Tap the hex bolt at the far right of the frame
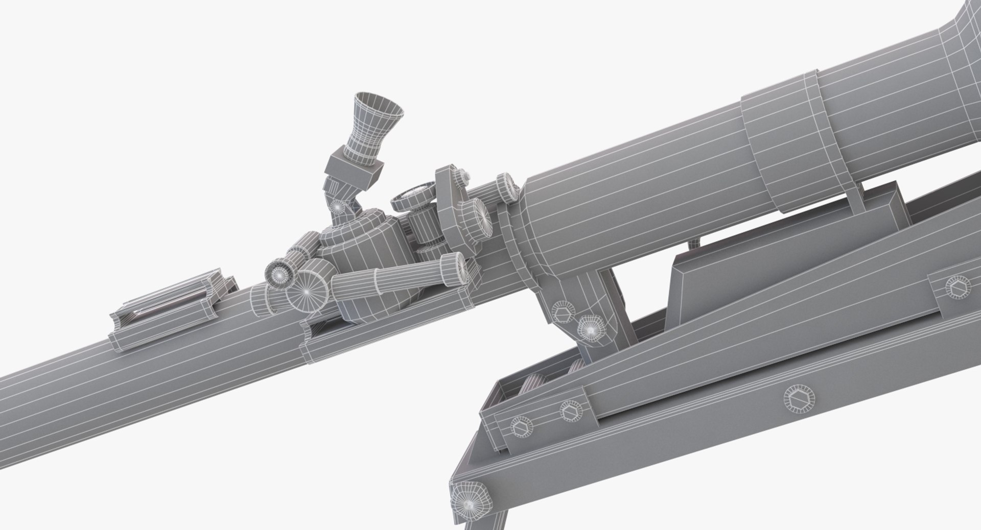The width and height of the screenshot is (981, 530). (953, 289)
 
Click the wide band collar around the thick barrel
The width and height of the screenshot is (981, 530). (782, 143)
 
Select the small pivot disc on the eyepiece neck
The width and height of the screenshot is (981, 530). (337, 206)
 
